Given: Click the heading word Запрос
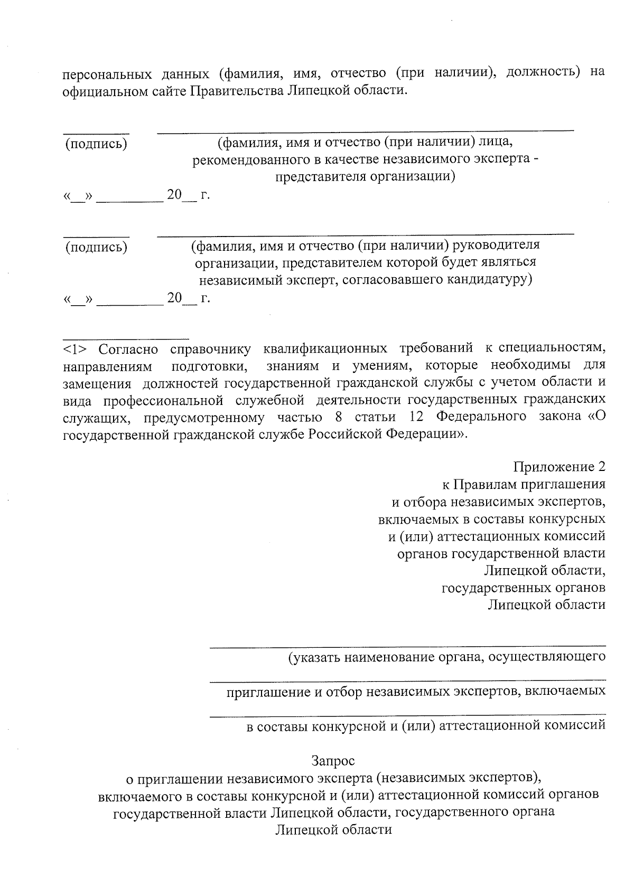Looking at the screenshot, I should coord(333,761).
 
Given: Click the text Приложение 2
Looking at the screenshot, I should coord(559,467).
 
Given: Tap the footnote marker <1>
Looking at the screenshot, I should coord(78,349).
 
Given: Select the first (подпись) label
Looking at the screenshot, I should coord(96,144).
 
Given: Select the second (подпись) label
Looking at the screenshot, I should coord(96,247).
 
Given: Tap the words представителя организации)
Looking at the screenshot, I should coord(365,177).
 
